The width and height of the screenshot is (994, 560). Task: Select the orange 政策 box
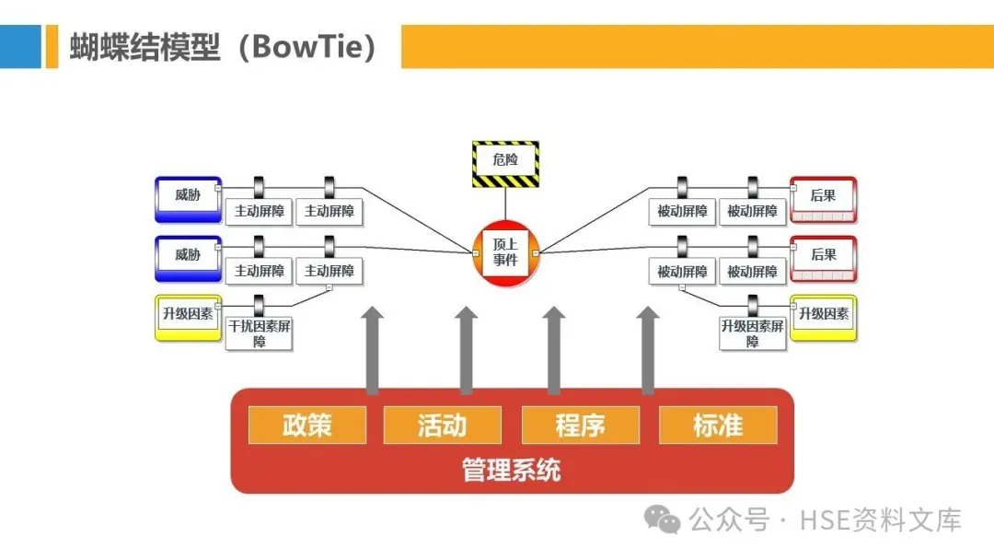pyautogui.click(x=307, y=426)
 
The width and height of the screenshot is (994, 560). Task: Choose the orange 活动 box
pyautogui.click(x=443, y=426)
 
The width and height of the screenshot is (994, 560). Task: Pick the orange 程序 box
pyautogui.click(x=580, y=426)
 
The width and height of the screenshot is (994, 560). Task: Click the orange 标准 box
pyautogui.click(x=718, y=426)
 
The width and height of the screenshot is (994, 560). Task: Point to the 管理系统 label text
pyautogui.click(x=512, y=471)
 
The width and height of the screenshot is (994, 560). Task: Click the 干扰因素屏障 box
pyautogui.click(x=260, y=333)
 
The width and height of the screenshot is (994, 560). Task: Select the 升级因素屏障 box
pyautogui.click(x=753, y=333)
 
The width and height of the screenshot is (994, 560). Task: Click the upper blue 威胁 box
pyautogui.click(x=188, y=198)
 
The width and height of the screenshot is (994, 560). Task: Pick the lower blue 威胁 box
pyautogui.click(x=188, y=258)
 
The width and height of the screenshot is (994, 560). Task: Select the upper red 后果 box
pyautogui.click(x=823, y=198)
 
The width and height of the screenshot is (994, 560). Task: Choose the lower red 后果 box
pyautogui.click(x=823, y=258)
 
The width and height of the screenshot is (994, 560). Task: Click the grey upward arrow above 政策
pyautogui.click(x=372, y=350)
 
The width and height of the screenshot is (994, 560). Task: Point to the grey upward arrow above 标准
pyautogui.click(x=648, y=350)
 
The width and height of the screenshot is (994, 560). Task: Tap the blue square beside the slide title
pyautogui.click(x=20, y=46)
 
